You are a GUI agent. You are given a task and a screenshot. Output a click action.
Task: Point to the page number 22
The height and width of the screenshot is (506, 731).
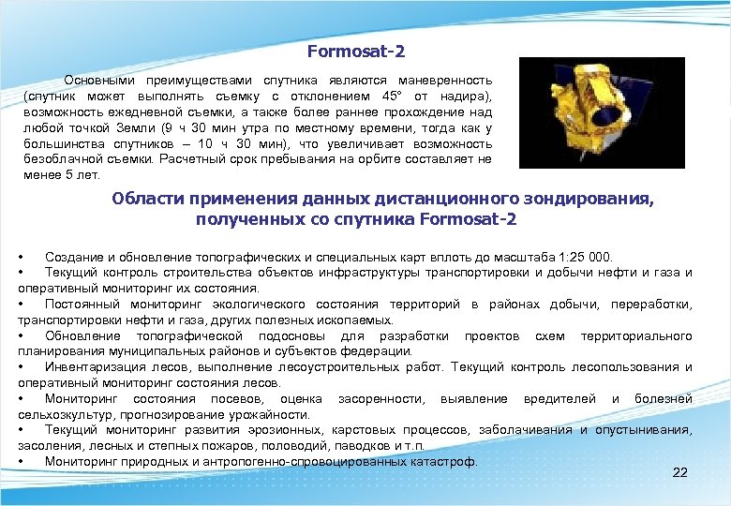(679, 472)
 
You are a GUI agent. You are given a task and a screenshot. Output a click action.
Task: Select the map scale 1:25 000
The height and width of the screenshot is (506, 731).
(582, 257)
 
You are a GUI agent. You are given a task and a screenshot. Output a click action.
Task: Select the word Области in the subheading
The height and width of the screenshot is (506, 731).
(148, 200)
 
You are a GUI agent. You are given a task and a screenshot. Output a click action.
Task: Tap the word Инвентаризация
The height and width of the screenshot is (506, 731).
(94, 367)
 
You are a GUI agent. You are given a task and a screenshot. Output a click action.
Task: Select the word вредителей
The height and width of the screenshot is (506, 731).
(559, 399)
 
